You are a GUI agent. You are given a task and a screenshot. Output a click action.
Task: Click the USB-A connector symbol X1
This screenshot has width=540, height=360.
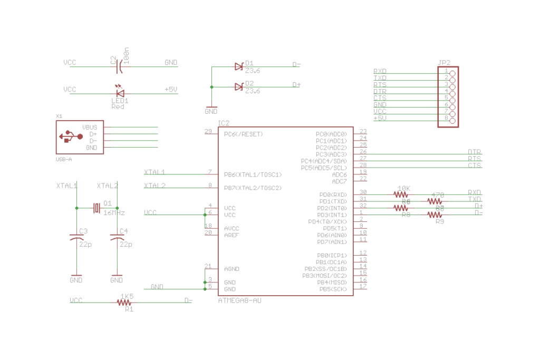[80, 137]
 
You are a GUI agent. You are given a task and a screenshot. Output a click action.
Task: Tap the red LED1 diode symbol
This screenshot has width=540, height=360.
[120, 93]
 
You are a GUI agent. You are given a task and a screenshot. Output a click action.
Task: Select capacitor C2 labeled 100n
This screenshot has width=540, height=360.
[121, 66]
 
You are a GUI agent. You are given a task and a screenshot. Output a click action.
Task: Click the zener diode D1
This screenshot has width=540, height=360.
[239, 66]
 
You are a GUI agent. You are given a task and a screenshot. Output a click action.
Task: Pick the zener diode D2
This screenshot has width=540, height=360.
[239, 86]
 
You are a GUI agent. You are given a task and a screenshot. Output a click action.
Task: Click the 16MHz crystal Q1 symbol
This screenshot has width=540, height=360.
[97, 208]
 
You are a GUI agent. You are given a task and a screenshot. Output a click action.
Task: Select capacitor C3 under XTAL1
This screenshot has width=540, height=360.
[76, 238]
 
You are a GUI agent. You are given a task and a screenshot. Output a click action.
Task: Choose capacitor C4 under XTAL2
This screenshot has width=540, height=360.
[117, 238]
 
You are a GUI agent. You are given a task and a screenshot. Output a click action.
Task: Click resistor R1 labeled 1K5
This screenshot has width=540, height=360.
[124, 303]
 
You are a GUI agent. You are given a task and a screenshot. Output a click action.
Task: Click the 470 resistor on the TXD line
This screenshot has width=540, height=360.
[435, 201]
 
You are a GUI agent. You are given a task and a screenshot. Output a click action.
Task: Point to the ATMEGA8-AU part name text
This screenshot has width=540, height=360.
[239, 300]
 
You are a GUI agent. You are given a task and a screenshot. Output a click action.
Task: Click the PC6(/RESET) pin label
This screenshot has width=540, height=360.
[243, 134]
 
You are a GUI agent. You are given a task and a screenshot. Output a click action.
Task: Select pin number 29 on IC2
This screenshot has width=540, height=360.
[208, 131]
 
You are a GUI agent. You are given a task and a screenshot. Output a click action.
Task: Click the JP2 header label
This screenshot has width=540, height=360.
[444, 62]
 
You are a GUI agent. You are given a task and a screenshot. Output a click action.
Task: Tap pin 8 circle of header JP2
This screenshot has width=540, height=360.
[452, 119]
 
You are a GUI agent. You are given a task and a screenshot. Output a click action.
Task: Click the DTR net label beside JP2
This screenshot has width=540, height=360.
[380, 91]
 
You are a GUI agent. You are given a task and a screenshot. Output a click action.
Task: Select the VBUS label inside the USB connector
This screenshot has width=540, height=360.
[90, 127]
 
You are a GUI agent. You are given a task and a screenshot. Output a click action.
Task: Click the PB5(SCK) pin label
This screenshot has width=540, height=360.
[332, 289]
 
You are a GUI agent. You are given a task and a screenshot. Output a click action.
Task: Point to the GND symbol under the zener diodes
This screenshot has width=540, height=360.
[211, 111]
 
